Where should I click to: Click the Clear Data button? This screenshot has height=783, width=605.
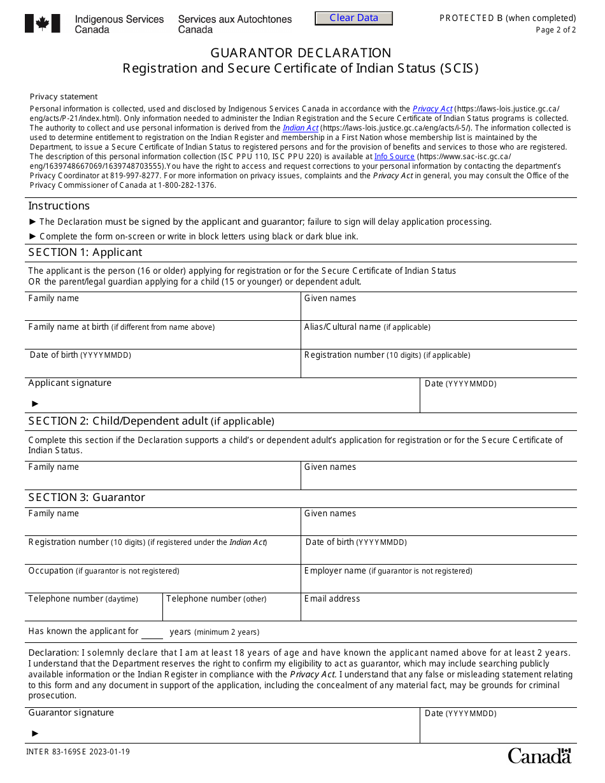(353, 18)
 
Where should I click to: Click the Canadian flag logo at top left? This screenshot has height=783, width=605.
(43, 24)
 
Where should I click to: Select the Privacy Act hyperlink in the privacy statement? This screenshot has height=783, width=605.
(432, 109)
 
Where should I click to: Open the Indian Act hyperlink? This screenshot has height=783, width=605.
(301, 128)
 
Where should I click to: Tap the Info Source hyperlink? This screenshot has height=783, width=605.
(394, 157)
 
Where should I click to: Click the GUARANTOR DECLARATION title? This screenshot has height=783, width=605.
(301, 53)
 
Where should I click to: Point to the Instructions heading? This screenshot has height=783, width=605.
(59, 206)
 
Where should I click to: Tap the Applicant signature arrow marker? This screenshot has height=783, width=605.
(36, 403)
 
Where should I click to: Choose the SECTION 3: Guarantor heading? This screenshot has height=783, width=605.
(87, 497)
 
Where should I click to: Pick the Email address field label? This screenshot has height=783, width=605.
(332, 598)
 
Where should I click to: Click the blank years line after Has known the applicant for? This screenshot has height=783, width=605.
(152, 633)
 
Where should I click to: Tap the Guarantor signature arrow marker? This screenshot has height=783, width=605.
(36, 733)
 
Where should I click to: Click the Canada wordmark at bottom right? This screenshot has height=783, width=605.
(539, 756)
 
